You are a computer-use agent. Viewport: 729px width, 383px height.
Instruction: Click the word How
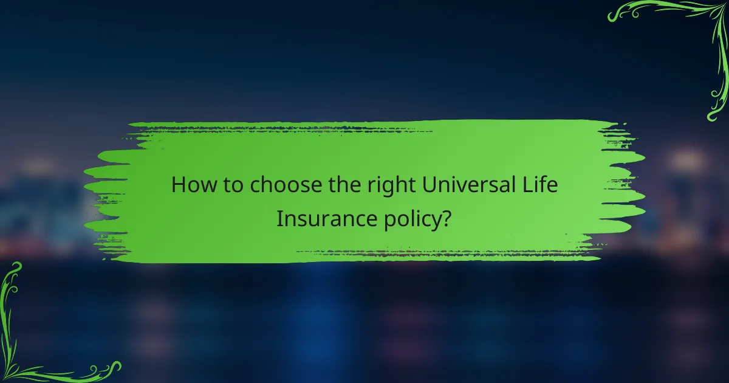tap(189, 185)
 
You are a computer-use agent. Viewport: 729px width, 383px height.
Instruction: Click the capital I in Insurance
tap(279, 218)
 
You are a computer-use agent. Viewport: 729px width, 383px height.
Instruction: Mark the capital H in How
tap(179, 185)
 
